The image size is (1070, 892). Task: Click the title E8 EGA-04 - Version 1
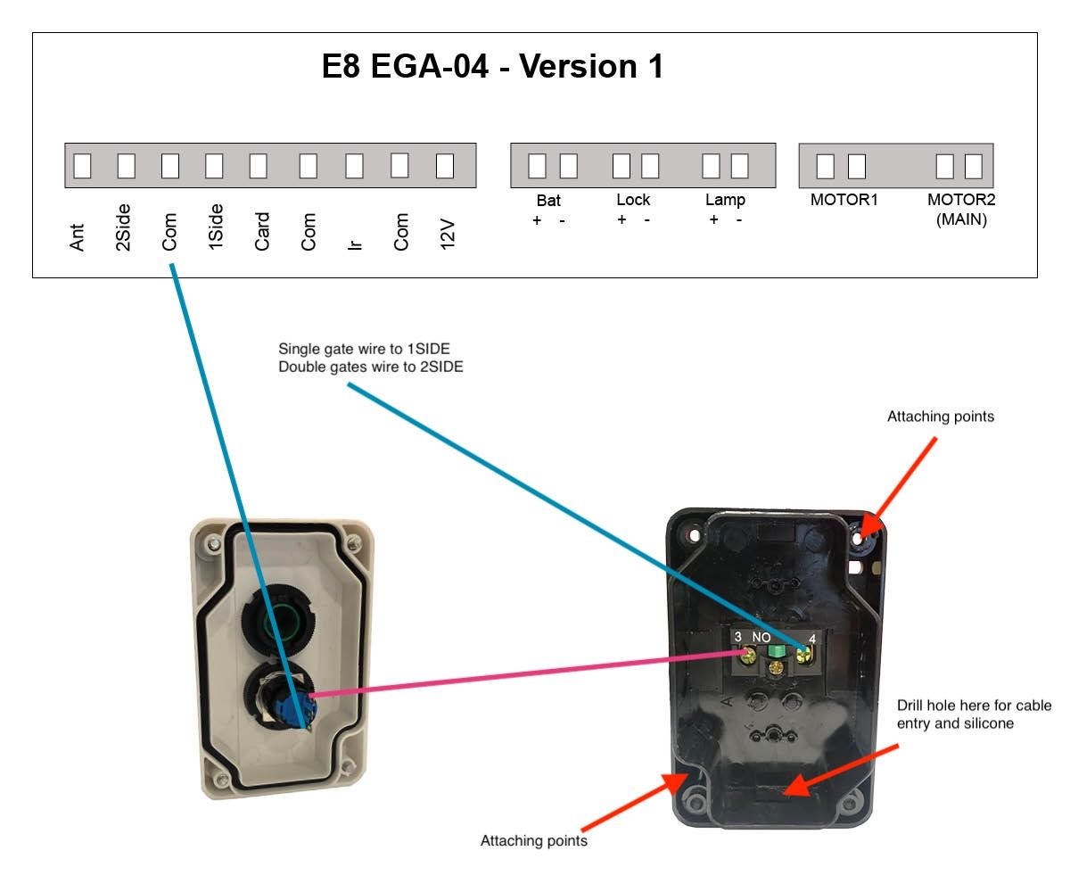pos(492,66)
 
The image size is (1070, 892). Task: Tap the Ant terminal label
pos(77,237)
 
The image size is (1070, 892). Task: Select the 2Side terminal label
pos(123,227)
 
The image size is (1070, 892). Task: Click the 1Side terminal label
pos(216,227)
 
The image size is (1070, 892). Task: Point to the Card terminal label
pos(262,231)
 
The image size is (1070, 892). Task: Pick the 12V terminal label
pos(448,235)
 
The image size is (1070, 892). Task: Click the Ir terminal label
pos(355,245)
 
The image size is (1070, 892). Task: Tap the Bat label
pos(548,201)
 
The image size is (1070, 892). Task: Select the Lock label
pos(633,200)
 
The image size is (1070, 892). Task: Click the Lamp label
pos(725,201)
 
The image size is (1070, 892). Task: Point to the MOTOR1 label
pos(844,200)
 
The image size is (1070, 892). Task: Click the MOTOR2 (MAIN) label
pos(961,209)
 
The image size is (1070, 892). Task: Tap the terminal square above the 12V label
pos(445,166)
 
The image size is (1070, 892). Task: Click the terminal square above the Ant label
pos(83,166)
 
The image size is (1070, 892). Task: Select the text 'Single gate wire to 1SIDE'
pos(364,349)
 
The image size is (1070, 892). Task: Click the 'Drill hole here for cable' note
pos(974,706)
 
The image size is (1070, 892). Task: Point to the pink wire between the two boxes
pos(524,673)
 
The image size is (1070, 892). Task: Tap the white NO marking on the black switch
pos(761,637)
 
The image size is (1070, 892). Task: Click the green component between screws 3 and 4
pos(777,651)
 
